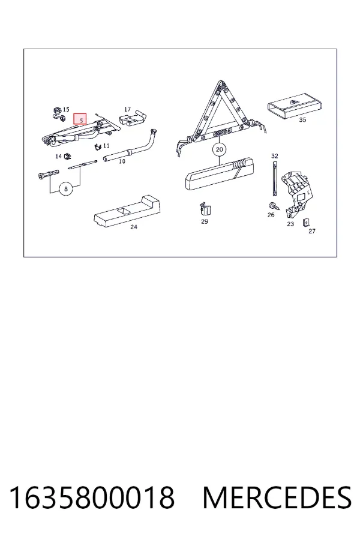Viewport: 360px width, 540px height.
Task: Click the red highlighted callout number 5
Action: [x=80, y=119]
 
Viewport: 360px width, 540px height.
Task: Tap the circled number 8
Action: [x=66, y=189]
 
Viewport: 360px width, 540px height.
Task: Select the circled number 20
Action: [x=220, y=149]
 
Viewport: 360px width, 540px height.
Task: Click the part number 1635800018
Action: [x=91, y=497]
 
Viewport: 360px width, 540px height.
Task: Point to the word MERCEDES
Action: [x=277, y=497]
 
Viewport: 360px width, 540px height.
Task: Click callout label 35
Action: [x=302, y=120]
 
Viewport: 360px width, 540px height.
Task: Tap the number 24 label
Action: [x=134, y=227]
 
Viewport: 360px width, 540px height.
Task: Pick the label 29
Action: [x=205, y=221]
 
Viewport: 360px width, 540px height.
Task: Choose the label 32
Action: [x=275, y=156]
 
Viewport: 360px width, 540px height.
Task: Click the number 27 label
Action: [x=312, y=231]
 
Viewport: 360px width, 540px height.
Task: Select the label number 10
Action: [x=122, y=161]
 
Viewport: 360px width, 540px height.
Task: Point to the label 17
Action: [x=127, y=109]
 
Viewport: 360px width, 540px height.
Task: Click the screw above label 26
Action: [x=274, y=206]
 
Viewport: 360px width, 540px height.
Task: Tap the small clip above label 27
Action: [x=305, y=223]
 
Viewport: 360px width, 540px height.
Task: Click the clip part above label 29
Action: [x=205, y=209]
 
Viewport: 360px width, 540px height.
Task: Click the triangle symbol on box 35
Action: [x=295, y=102]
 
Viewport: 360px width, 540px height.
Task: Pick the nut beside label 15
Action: [x=56, y=110]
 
